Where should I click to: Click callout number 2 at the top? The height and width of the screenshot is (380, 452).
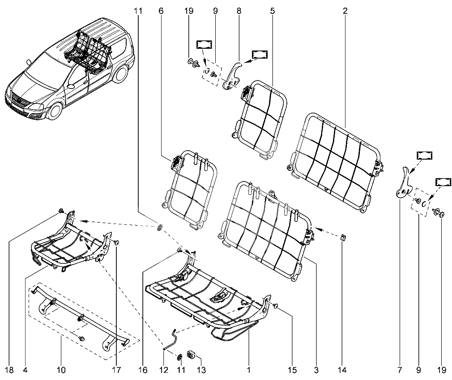pos(345,11)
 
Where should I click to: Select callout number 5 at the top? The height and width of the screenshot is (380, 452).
pos(273,11)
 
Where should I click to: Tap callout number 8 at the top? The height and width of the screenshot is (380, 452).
pos(239,11)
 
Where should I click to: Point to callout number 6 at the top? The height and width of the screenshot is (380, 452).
pos(161,11)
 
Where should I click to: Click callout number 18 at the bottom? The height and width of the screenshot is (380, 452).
pos(9,370)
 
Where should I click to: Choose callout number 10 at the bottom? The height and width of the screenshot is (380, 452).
pos(61,370)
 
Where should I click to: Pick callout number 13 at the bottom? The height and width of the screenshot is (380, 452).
pos(201,370)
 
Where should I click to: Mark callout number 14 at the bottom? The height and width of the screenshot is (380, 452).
pos(342,370)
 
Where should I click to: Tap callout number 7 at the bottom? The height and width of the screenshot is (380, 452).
pos(400,370)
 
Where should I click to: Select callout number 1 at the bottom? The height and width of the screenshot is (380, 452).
pos(248,370)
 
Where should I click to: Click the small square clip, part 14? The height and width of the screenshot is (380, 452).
pos(343,237)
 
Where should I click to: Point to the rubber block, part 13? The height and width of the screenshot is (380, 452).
pos(191,355)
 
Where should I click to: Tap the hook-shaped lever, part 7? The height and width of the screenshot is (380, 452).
pos(403,184)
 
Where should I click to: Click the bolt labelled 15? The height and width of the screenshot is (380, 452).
pos(275,306)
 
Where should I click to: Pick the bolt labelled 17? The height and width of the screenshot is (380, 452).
pos(116,242)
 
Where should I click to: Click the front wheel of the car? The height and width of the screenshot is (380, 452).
pos(55,111)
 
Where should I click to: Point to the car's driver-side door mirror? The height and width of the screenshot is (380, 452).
pos(70,86)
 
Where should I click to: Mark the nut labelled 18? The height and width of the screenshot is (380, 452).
pos(61,211)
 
